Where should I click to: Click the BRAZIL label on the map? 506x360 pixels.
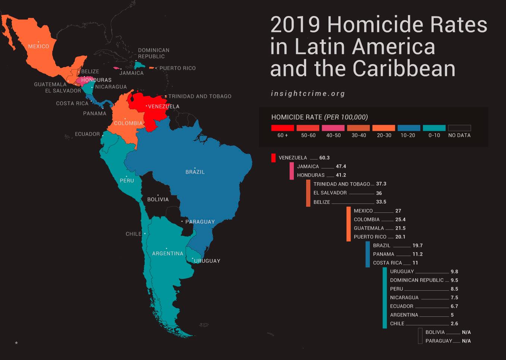pos(195,172)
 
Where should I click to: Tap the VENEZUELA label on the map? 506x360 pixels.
pos(163,107)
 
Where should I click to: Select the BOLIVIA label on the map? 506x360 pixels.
pos(158,199)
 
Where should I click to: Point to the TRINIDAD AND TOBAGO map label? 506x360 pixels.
pos(199,97)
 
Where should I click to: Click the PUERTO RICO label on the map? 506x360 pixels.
pos(177,68)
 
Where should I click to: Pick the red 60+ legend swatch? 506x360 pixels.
pos(282,128)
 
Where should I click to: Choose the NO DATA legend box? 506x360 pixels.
pos(459,128)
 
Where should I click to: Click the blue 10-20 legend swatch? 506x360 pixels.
pos(409,128)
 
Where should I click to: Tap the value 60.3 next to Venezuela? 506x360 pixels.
pos(324,158)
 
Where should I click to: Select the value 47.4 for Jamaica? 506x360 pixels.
pos(341,167)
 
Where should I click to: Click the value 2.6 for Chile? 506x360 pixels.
pos(454,324)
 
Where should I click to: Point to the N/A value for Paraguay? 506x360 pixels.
pos(466,341)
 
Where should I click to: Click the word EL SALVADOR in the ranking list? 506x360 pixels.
pos(330,193)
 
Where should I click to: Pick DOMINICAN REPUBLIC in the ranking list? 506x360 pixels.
pos(417,280)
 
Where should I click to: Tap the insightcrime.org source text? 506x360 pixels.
pos(308,94)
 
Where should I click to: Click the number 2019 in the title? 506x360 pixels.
pos(295,25)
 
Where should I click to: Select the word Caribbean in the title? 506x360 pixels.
pos(404,69)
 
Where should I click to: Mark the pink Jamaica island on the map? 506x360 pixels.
pos(116,69)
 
